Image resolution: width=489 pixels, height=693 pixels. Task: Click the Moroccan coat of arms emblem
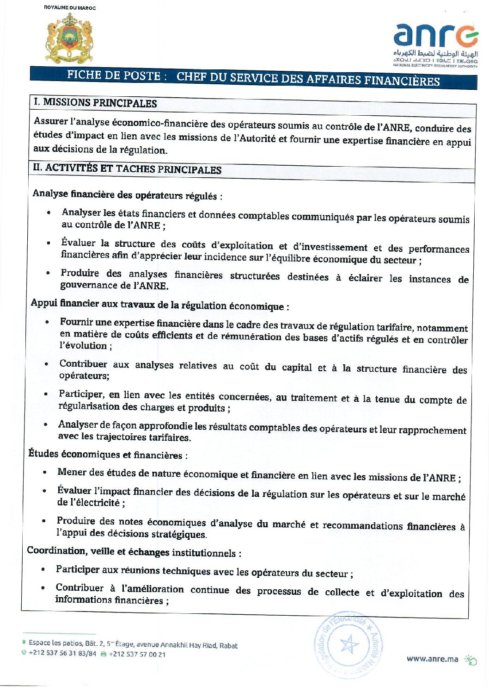click(69, 38)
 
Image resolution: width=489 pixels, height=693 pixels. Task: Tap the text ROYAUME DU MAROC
click(70, 7)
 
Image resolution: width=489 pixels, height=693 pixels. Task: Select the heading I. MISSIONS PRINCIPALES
click(96, 103)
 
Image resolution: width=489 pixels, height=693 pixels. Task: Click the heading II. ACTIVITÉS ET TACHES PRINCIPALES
click(127, 169)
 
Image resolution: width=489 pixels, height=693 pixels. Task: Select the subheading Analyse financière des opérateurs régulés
click(125, 194)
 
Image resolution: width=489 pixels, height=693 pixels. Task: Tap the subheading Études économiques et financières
click(105, 454)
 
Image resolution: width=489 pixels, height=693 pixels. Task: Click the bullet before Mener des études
click(44, 472)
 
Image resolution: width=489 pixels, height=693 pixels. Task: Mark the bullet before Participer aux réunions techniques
click(43, 569)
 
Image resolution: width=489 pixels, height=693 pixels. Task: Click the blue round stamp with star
click(349, 643)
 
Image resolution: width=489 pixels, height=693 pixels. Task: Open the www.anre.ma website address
click(432, 658)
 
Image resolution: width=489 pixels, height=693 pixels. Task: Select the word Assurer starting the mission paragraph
click(51, 121)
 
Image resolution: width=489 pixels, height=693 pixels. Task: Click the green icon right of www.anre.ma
click(471, 660)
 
